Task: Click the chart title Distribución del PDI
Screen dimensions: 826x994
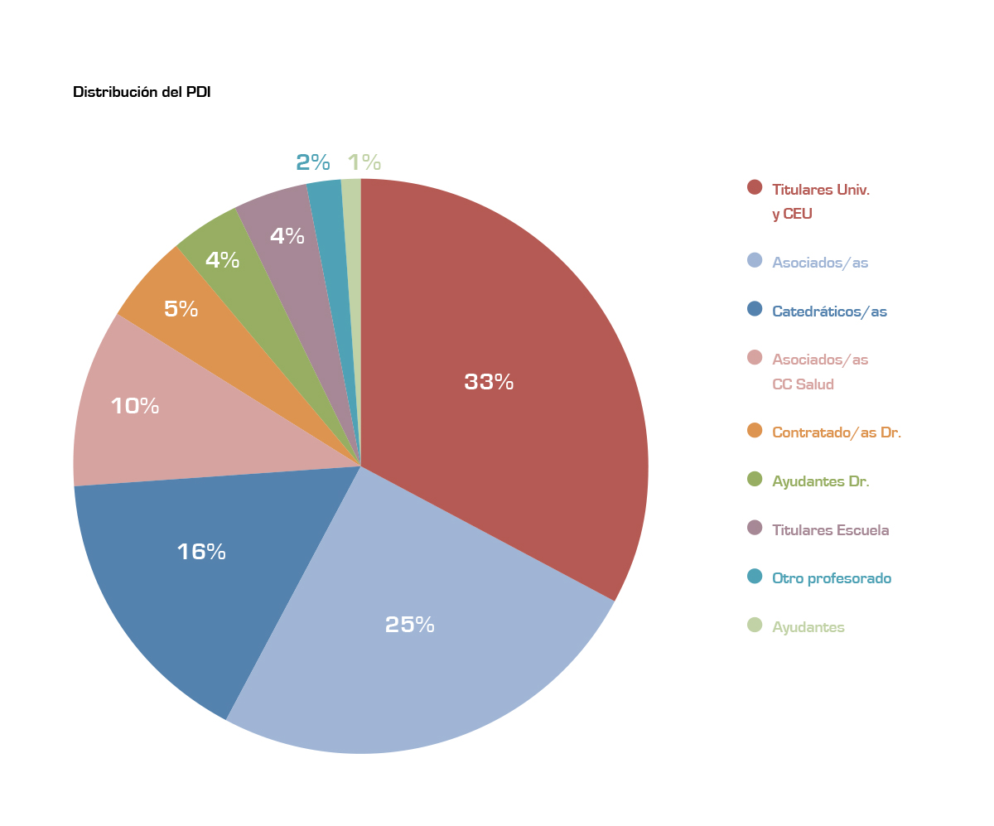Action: coord(142,93)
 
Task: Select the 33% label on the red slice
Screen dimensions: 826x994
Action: coord(489,382)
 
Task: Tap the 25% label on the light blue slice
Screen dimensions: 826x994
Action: coord(410,625)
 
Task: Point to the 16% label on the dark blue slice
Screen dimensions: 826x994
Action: coord(201,552)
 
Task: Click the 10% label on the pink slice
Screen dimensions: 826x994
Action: coord(135,406)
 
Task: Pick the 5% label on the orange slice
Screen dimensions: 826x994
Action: coord(181,309)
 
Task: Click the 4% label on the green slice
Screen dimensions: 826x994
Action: coord(222,260)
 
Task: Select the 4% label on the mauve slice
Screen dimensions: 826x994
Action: coord(287,236)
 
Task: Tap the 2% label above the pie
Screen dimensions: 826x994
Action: coord(313,162)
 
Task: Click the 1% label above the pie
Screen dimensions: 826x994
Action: coord(364,162)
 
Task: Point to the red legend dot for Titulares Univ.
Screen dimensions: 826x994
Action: coord(755,187)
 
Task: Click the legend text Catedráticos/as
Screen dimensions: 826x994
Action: coord(829,312)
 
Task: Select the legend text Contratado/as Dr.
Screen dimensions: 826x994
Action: coord(837,432)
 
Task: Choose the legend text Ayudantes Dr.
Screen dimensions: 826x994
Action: coord(820,481)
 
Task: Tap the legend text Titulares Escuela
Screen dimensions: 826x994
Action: coord(830,530)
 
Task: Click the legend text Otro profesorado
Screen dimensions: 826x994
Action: coord(832,578)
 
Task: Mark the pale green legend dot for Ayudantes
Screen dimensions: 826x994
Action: coord(755,626)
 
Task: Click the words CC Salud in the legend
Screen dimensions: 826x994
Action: coord(803,384)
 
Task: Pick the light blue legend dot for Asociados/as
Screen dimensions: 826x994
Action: coord(755,260)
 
